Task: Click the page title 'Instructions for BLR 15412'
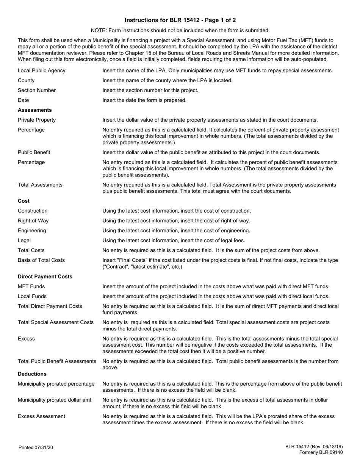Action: tap(180, 20)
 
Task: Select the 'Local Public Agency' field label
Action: tap(41, 70)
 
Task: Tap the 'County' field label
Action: tap(26, 80)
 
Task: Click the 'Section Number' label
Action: tap(37, 90)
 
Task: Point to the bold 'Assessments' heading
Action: tap(35, 110)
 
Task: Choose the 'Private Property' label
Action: tap(37, 120)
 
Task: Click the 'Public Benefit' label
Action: tap(34, 152)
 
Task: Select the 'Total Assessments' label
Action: tap(40, 185)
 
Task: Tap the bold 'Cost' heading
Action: tap(23, 201)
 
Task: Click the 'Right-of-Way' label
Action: tap(33, 220)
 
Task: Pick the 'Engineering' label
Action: tap(32, 230)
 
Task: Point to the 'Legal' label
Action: tap(24, 240)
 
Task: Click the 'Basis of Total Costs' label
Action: tap(41, 260)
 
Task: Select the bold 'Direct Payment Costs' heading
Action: tap(45, 277)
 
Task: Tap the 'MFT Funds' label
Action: tap(31, 286)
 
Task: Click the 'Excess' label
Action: tap(26, 339)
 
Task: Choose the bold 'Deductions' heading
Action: tap(32, 374)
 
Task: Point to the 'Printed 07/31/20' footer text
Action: tap(36, 448)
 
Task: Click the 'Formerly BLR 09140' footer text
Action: tap(321, 452)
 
